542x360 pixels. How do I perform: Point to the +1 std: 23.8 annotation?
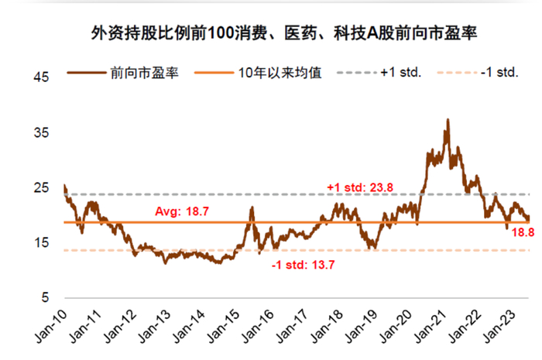[362, 187]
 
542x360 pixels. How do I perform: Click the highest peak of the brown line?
[448, 120]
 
